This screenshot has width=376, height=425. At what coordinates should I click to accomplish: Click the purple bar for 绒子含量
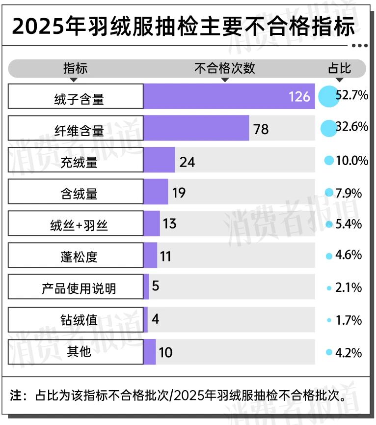coord(216,96)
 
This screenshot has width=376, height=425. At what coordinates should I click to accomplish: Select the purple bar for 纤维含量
coord(196,129)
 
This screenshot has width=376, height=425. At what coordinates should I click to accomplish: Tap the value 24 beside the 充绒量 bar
coord(187,161)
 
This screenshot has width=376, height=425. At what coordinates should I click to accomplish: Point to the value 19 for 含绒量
coord(179,193)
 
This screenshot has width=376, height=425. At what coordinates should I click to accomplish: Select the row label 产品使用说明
coord(79,288)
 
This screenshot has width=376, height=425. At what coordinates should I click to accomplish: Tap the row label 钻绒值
coord(79,320)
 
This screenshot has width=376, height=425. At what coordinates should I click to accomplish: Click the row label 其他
coord(79,352)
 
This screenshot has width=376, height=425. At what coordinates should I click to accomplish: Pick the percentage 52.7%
coord(352,95)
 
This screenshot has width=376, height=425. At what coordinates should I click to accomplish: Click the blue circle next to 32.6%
coord(328,128)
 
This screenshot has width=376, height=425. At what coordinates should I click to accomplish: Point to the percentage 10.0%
coord(352,160)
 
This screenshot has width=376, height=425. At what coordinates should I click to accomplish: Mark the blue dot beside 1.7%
coord(329,320)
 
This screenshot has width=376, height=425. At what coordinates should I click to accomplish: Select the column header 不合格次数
coord(225,68)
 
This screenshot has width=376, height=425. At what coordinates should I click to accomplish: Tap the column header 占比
coord(339,68)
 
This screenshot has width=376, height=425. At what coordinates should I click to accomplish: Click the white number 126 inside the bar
coord(299,96)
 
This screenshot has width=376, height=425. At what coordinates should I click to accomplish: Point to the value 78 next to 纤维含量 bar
coord(261,129)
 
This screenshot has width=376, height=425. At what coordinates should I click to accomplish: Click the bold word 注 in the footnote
coord(16,395)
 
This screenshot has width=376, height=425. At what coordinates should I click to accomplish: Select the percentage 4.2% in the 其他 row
coord(349,353)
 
